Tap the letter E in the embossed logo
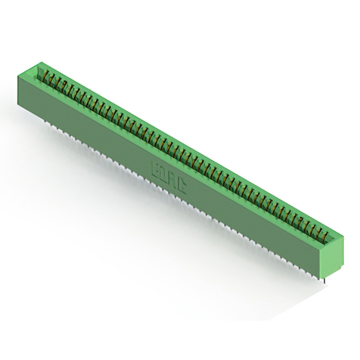pyautogui.click(x=155, y=167)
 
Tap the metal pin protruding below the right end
pyautogui.click(x=325, y=279)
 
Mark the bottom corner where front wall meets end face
pyautogui.click(x=326, y=274)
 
